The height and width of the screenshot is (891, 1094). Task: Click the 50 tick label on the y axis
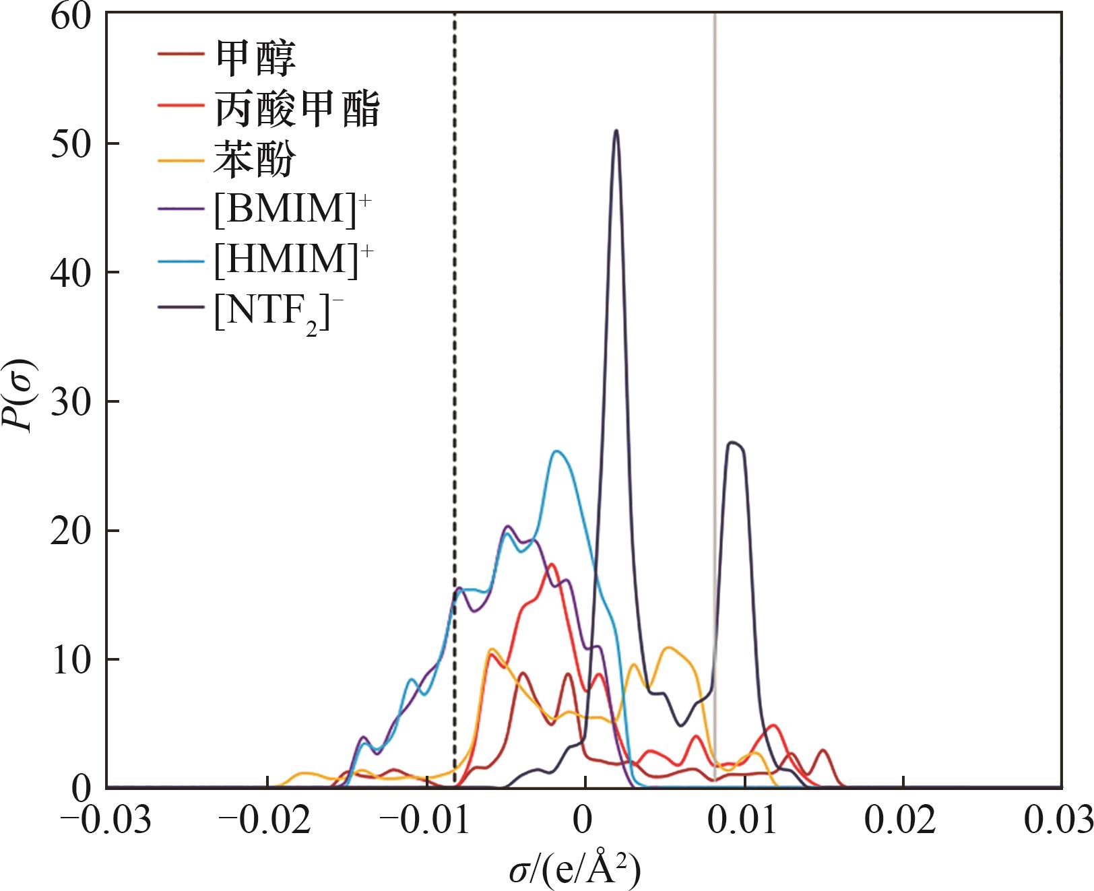pos(70,144)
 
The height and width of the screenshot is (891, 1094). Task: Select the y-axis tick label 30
pos(70,402)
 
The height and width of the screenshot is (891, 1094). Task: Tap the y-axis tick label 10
pos(70,660)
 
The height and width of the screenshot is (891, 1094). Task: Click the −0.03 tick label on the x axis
pos(106,820)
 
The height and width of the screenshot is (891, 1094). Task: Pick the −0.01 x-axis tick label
pos(424,820)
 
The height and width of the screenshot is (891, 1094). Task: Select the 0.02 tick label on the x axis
pos(903,820)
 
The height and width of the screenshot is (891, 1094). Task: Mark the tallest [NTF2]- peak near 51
pos(616,131)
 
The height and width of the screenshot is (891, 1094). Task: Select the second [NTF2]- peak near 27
pos(734,442)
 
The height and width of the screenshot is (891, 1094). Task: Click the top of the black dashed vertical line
pos(454,15)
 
